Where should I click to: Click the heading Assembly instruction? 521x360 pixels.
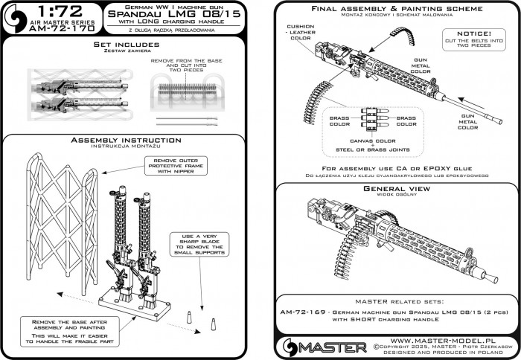point(122,139)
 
